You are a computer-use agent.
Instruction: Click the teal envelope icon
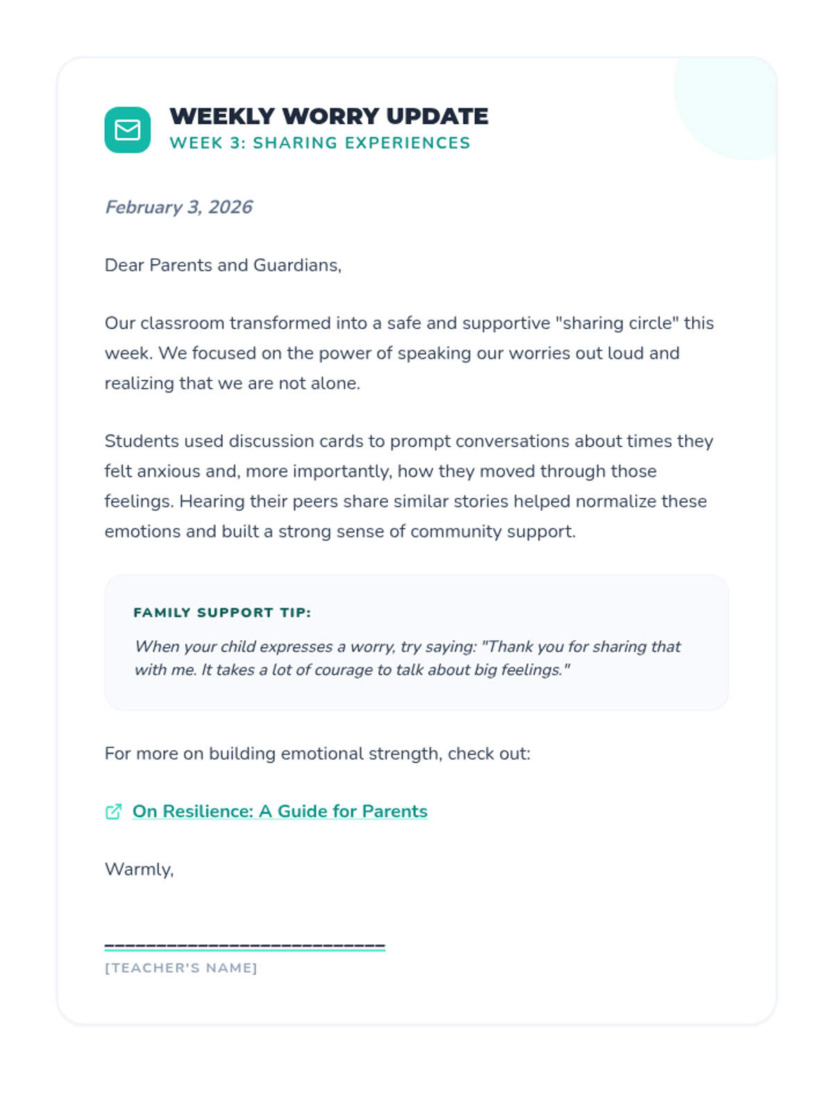coord(128,130)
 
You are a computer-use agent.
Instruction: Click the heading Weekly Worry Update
coord(328,116)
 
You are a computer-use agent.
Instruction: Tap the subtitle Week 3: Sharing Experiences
coord(319,143)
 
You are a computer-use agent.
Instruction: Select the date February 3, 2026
coord(178,207)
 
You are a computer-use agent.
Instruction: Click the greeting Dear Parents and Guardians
coord(223,265)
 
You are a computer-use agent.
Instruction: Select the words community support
coord(492,531)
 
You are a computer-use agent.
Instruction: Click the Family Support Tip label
coord(222,612)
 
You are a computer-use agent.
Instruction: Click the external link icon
coord(114,812)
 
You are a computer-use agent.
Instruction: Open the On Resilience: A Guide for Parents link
coord(280,811)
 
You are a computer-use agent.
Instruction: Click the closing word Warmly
coord(138,869)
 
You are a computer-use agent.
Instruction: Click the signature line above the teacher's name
coord(244,946)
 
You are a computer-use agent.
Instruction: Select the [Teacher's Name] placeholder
coord(180,968)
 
